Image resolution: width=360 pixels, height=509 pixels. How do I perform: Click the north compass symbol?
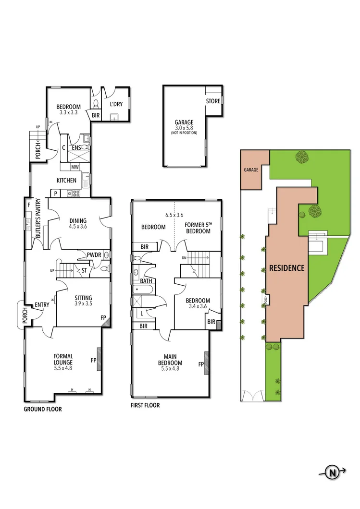click(x=332, y=473)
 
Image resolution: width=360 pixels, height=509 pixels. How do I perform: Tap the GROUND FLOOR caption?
click(x=43, y=410)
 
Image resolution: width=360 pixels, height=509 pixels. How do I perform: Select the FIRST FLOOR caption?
click(x=145, y=405)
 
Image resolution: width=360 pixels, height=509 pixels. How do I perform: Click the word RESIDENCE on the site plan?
click(x=286, y=268)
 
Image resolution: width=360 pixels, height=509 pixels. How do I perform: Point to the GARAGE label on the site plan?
click(x=251, y=170)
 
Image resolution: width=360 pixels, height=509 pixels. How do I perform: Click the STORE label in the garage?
click(x=213, y=101)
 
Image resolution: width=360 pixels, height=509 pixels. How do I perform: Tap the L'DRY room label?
click(x=116, y=104)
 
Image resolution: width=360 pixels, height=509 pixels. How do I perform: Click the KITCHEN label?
click(x=66, y=181)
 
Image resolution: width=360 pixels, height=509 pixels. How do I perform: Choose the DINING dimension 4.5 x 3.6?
click(x=77, y=227)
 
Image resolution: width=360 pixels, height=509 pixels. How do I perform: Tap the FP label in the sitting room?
click(x=103, y=318)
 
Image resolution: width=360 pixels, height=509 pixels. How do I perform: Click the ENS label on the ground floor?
click(x=76, y=148)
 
